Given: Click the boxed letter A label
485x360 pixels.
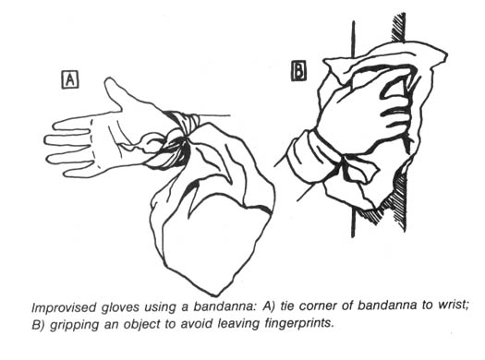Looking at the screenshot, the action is [70, 79].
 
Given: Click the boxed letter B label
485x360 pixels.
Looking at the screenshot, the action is [299, 71].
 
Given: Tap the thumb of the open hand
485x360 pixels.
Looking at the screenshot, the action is [113, 92].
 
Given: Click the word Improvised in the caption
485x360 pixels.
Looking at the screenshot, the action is [64, 306].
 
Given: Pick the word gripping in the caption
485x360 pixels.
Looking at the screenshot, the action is [74, 325].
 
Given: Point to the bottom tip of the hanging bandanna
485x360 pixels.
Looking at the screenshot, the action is [217, 295].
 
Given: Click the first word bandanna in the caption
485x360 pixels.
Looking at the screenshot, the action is [224, 306].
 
